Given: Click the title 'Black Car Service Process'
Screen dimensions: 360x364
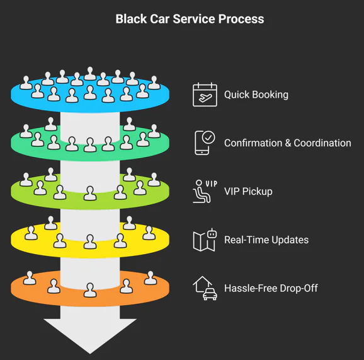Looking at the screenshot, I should (x=190, y=19).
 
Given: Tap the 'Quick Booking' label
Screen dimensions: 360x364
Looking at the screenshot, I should (x=256, y=95).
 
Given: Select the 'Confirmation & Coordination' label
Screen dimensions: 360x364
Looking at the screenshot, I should (x=287, y=143).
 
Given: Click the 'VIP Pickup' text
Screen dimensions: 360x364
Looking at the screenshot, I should (x=248, y=191).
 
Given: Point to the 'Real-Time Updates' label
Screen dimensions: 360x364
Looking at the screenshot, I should (x=266, y=240).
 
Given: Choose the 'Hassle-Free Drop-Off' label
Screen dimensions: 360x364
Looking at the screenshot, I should (x=271, y=288).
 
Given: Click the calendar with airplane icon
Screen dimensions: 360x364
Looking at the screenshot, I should (x=205, y=95).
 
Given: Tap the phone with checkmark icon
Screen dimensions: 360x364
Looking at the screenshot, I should (x=205, y=142).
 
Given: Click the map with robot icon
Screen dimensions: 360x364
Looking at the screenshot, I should (x=205, y=240).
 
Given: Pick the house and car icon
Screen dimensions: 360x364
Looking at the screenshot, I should (x=205, y=288).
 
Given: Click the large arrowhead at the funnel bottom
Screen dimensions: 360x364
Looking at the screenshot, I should (x=90, y=334).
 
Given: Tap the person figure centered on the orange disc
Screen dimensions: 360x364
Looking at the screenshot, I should (x=90, y=289).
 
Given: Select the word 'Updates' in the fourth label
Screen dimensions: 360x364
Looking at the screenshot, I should (x=290, y=240).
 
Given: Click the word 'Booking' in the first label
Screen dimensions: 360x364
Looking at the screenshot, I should (x=271, y=95).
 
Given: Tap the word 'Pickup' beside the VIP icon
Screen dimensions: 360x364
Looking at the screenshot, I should (x=258, y=191).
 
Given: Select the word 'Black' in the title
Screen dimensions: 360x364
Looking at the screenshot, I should (x=130, y=19).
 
